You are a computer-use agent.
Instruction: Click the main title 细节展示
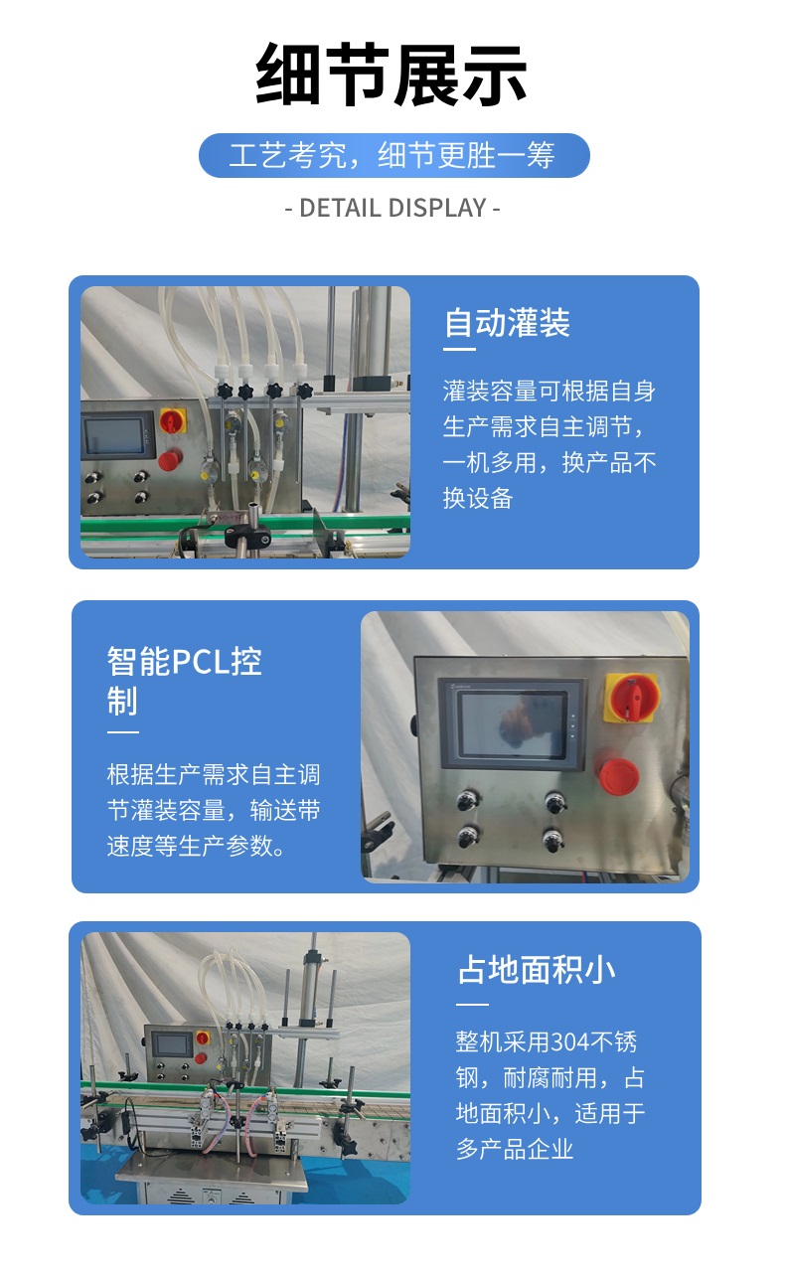[392, 75]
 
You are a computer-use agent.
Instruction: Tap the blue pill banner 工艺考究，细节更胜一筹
[393, 155]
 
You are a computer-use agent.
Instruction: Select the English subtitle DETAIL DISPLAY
[392, 208]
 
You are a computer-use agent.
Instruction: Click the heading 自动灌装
[507, 323]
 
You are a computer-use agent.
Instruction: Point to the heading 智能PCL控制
[185, 681]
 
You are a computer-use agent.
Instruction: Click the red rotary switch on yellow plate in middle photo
[632, 698]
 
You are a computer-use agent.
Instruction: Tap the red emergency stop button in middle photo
[618, 777]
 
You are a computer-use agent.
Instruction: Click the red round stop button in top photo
[170, 459]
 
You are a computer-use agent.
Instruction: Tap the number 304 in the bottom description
[570, 1042]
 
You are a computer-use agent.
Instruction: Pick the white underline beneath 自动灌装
[459, 349]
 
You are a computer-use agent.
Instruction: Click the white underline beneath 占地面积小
[472, 1004]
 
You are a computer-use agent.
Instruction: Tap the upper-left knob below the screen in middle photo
[467, 801]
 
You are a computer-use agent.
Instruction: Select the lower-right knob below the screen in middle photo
[552, 840]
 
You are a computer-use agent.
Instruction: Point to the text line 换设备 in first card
[478, 498]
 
